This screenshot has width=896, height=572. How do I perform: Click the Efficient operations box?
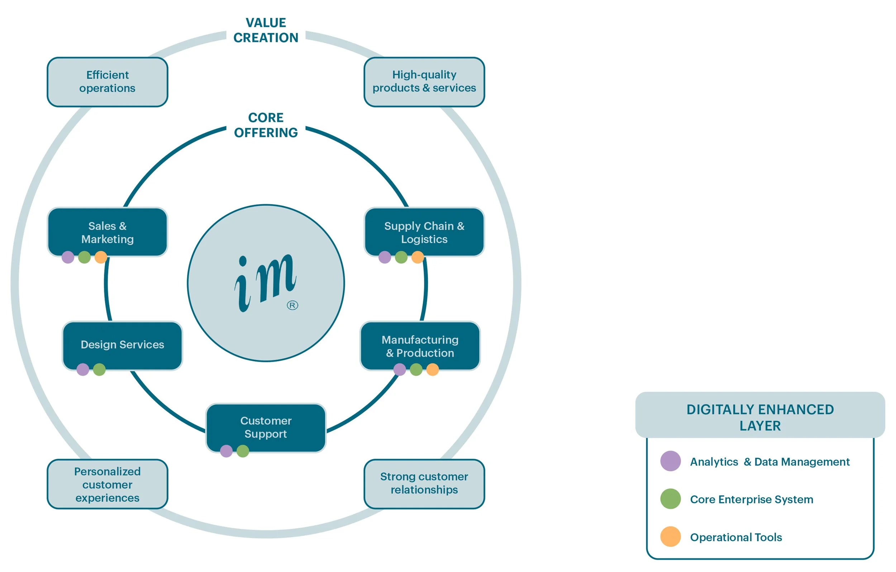tap(107, 82)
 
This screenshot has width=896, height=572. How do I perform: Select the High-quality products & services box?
tap(424, 82)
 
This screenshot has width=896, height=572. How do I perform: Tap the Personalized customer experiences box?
tap(107, 484)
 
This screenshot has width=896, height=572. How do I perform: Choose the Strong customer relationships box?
tap(424, 483)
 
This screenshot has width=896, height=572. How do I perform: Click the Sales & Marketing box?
tap(107, 232)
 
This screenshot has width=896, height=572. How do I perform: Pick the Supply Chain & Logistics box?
tap(424, 232)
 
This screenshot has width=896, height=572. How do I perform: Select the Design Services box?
tap(122, 345)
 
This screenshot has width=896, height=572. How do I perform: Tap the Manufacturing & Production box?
tap(420, 346)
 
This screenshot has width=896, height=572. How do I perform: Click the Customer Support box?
tap(266, 427)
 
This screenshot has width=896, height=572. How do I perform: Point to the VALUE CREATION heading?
tap(266, 30)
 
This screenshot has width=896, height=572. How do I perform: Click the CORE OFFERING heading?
tap(266, 125)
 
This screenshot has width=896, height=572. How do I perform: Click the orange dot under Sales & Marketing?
tap(101, 257)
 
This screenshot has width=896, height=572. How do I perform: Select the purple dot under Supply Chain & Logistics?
tap(385, 257)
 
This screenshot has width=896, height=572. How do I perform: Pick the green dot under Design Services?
tap(99, 370)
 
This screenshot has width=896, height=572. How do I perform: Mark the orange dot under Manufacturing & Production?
tap(432, 370)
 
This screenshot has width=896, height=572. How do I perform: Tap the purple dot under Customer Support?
tap(226, 451)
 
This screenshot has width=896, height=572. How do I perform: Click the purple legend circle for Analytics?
tap(671, 461)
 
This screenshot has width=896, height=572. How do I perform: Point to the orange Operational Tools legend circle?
tap(671, 537)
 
